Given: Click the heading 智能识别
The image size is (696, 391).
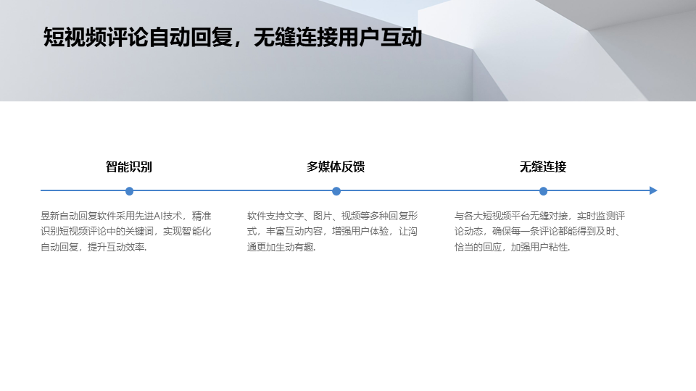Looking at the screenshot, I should (x=129, y=167).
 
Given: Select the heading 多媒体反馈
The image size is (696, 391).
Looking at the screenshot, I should (x=336, y=167).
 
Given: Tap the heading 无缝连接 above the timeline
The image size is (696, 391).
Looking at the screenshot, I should (x=542, y=167).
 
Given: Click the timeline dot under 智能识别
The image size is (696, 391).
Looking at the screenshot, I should (x=129, y=191).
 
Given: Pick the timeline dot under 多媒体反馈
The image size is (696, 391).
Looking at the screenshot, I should (x=336, y=191).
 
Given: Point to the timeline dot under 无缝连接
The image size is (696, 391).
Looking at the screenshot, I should (x=543, y=191).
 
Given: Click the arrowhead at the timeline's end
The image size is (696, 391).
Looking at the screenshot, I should (x=653, y=191).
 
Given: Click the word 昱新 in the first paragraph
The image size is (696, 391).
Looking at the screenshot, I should (x=50, y=216).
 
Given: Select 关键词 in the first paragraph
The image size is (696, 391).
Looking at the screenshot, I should (x=136, y=232).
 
